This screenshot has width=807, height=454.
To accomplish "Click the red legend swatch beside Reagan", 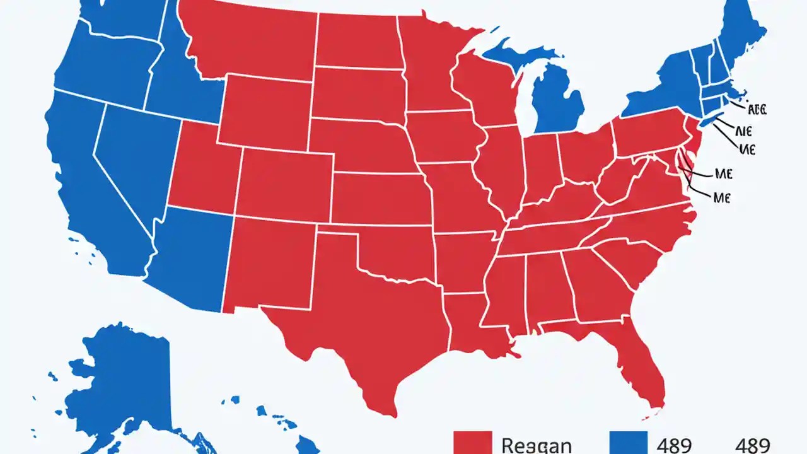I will click(x=472, y=442).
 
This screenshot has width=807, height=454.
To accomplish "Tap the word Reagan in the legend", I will click(x=537, y=445).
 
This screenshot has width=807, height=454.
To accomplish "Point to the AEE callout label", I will click(x=756, y=109).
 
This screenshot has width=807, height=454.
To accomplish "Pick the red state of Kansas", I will click(x=378, y=195).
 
